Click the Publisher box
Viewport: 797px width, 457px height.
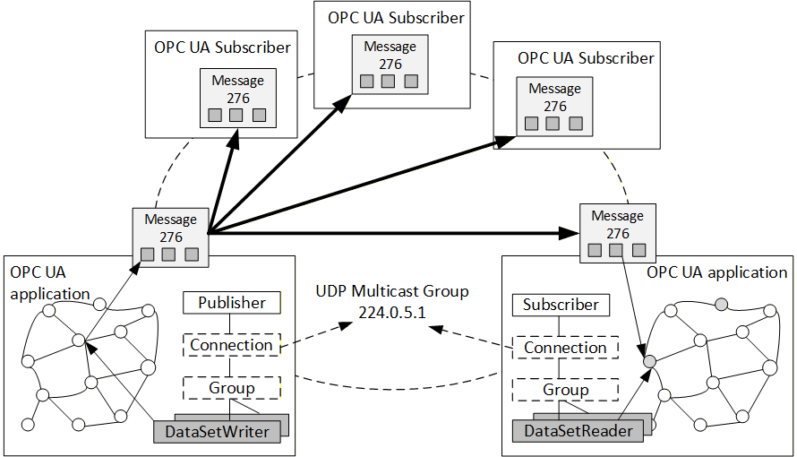point(231,303)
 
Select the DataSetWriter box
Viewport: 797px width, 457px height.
point(217,432)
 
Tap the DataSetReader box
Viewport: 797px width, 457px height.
point(578,431)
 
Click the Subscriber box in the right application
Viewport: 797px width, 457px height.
point(561,305)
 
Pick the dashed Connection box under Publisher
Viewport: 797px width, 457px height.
point(231,345)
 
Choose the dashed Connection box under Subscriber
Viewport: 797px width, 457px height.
point(565,348)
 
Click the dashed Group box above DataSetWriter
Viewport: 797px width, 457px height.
point(231,388)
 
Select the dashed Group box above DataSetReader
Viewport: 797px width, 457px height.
point(565,390)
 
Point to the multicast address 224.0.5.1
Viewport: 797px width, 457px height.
point(392,312)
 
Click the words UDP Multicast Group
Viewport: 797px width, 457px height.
point(392,291)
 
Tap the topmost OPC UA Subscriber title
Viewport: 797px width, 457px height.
point(396,18)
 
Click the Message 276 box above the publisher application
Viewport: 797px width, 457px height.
point(170,237)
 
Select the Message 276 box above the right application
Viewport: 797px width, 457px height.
point(618,233)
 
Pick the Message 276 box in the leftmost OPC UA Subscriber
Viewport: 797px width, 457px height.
point(238,98)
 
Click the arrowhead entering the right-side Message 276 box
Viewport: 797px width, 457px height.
point(570,233)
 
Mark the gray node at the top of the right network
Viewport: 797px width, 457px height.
point(721,305)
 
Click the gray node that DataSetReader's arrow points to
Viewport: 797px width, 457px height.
point(649,362)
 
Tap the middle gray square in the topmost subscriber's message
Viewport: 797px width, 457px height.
point(389,82)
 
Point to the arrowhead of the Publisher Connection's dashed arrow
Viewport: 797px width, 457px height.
point(347,325)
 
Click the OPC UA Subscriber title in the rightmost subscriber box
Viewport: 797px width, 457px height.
point(586,58)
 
